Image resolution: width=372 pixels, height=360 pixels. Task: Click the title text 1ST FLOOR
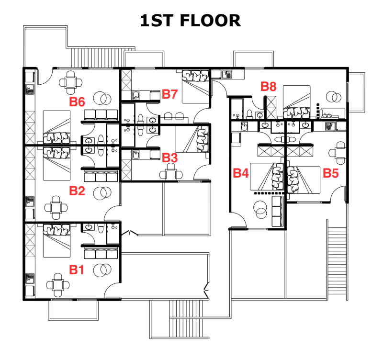pyautogui.click(x=190, y=21)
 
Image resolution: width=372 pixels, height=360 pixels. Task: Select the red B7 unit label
pyautogui.click(x=170, y=94)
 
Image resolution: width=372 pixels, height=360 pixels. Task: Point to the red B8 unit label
pyautogui.click(x=268, y=87)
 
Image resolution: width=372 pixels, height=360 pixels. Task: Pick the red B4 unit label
pyautogui.click(x=241, y=173)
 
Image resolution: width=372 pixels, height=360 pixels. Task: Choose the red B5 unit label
pyautogui.click(x=330, y=173)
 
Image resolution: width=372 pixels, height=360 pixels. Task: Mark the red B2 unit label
pyautogui.click(x=77, y=191)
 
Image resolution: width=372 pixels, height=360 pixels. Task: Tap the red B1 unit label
pyautogui.click(x=77, y=270)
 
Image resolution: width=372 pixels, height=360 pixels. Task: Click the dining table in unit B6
pyautogui.click(x=71, y=81)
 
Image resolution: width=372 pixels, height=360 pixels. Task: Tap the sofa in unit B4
pyautogui.click(x=277, y=211)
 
